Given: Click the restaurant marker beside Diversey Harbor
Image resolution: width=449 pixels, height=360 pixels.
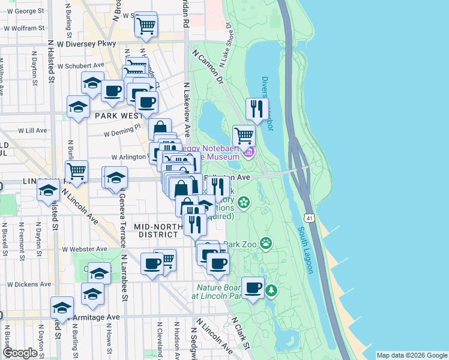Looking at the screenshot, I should click(x=257, y=110).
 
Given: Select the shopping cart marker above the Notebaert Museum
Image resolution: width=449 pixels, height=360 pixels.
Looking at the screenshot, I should click(x=244, y=136).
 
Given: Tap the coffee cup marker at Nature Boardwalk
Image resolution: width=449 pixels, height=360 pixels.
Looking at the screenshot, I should click(x=253, y=287).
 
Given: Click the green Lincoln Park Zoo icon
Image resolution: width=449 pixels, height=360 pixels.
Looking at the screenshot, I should click(x=265, y=244).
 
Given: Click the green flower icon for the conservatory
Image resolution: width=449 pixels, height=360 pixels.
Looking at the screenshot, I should click(x=244, y=202).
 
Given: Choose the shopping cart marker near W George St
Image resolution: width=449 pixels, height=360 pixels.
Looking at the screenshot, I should click(x=146, y=25).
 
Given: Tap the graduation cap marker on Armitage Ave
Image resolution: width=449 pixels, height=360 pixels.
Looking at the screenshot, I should click(x=62, y=308).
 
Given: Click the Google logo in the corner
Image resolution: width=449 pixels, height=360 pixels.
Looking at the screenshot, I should click(x=20, y=353).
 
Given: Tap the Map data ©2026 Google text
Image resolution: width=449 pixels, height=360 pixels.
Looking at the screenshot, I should click(x=411, y=355).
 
